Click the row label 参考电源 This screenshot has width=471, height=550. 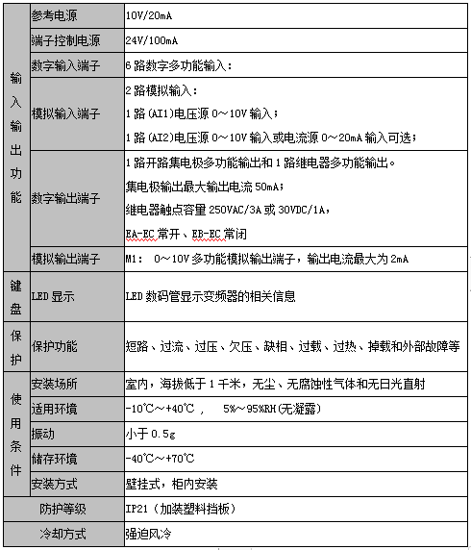pos(56,17)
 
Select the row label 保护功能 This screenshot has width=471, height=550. pos(55,345)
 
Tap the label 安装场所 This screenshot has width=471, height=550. pos(55,385)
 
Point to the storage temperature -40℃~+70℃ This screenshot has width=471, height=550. pos(161,459)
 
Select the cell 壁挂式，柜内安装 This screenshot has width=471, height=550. pos(171,484)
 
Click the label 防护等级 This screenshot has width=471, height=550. pos(63,509)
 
